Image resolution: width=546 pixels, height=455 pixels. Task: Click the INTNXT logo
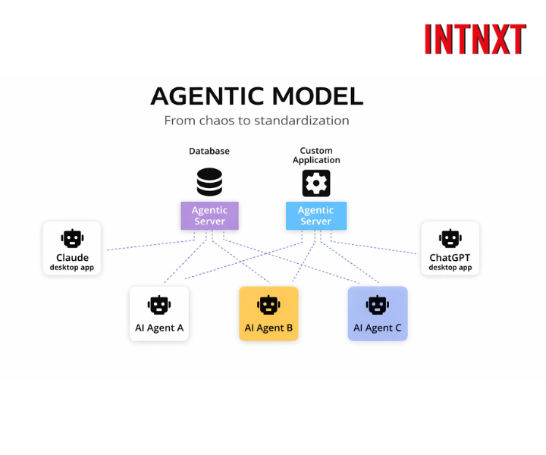pos(475,39)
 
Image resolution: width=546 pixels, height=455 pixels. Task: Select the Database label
pos(209,151)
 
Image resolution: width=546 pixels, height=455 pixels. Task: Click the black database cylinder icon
pos(209,183)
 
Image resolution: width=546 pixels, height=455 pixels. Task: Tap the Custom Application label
pos(316,155)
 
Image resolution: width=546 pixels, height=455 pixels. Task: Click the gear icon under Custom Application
pos(316,184)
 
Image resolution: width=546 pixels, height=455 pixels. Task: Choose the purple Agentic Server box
pos(209,215)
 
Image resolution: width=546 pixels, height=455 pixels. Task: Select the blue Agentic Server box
pos(316,215)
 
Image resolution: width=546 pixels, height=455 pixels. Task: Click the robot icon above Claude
pos(72,239)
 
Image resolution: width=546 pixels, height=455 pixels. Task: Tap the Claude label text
pos(72,258)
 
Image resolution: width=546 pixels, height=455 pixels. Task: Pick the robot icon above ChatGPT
pos(450,239)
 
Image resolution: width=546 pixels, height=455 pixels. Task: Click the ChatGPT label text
pos(450,258)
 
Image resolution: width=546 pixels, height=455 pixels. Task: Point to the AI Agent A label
pos(158,328)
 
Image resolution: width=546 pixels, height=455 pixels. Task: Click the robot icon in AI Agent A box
pos(158,305)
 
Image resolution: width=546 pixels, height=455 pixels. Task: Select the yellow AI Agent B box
pos(268,313)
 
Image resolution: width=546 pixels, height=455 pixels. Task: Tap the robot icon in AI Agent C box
pos(378,305)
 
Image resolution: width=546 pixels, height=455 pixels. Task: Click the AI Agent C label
pos(378,328)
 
